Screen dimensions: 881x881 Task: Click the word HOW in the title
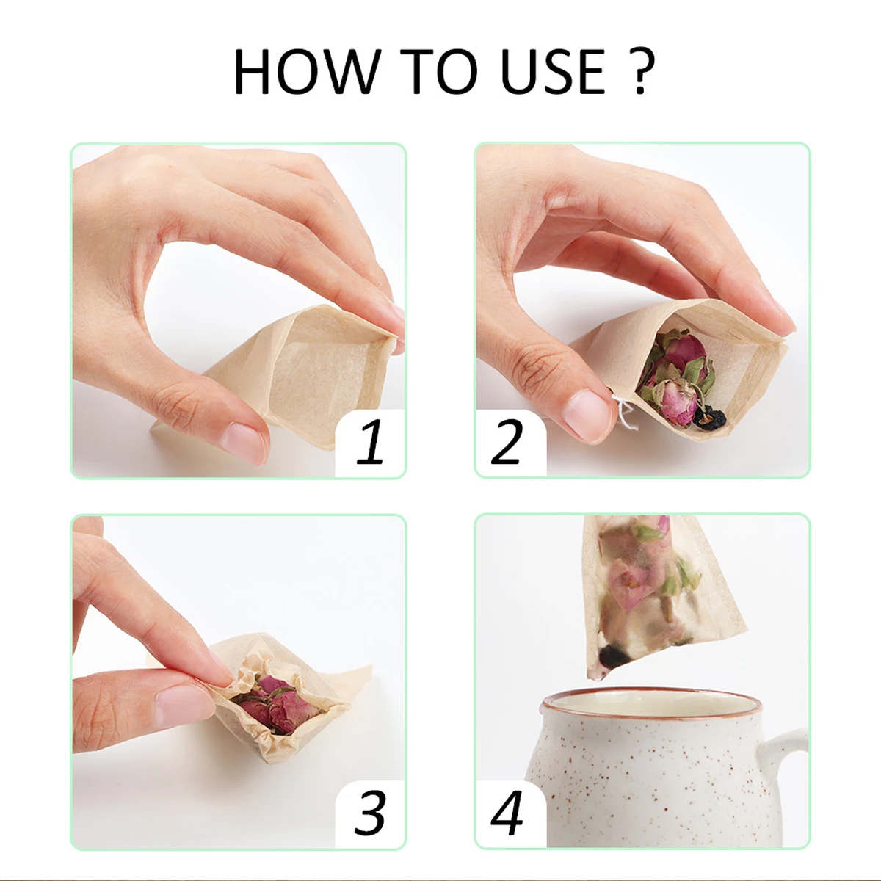pos(307,72)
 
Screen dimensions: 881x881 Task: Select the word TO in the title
pos(438,72)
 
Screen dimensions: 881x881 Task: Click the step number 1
pos(371,442)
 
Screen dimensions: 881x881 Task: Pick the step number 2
pos(507,442)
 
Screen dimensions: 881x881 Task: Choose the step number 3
pos(370,811)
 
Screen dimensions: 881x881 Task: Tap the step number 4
pos(507,811)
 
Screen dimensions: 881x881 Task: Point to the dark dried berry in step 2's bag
pos(708,418)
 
